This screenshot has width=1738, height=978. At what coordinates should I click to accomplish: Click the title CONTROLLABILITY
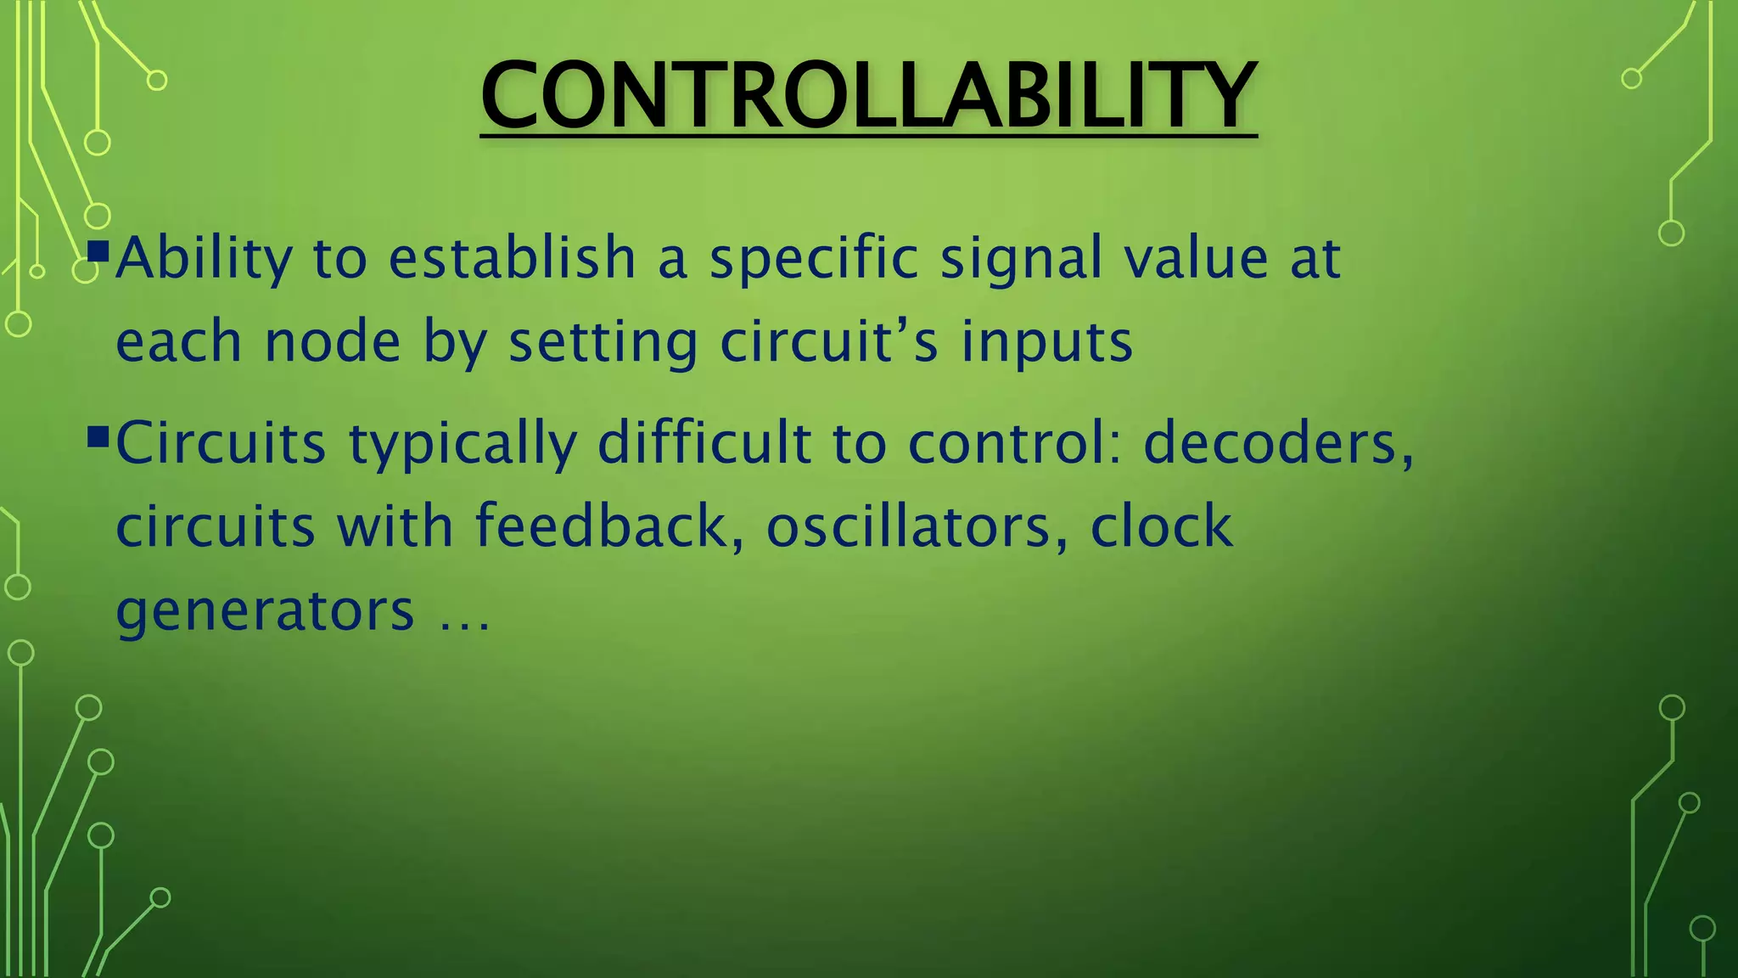[x=868, y=95]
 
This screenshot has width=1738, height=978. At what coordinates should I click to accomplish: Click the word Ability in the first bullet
[x=205, y=259]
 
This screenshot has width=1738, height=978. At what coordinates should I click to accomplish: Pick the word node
[x=333, y=342]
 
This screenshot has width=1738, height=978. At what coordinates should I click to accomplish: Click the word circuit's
[x=829, y=342]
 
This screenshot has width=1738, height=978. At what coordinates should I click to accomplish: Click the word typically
[x=463, y=444]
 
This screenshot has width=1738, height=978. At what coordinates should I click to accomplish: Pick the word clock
[x=1161, y=526]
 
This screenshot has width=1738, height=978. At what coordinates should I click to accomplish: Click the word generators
[x=265, y=610]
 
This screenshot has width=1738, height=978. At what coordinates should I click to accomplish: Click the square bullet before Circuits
[x=98, y=437]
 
